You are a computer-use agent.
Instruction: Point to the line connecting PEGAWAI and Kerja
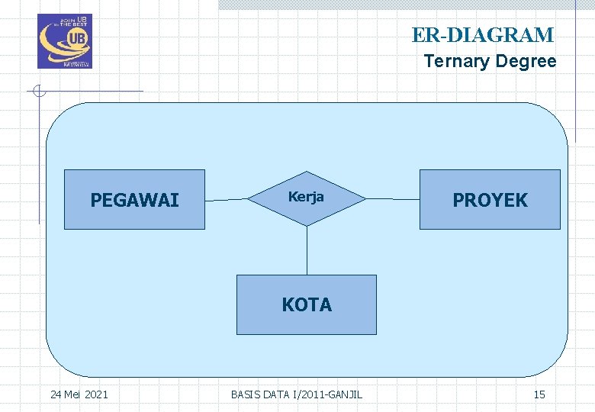tap(226, 199)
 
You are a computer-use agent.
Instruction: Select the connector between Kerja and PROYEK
tap(392, 199)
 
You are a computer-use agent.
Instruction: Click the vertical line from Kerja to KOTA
tap(307, 250)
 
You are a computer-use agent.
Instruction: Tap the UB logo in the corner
tap(64, 41)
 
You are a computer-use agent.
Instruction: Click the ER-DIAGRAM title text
tap(483, 35)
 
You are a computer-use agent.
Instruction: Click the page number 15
tap(539, 394)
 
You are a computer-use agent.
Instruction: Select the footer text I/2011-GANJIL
tap(328, 394)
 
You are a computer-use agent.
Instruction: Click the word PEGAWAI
tap(134, 200)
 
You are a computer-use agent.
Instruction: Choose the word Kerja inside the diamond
tap(306, 196)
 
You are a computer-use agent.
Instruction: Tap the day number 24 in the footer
tap(56, 394)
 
